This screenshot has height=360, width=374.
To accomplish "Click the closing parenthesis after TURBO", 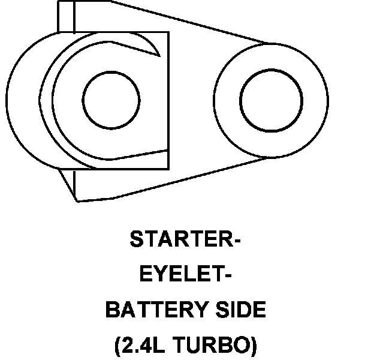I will [254, 346].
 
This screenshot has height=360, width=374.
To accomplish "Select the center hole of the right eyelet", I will [270, 99].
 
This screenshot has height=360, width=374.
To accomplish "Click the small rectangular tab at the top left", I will [66, 16].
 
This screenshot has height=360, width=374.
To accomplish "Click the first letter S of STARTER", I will [136, 241].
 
